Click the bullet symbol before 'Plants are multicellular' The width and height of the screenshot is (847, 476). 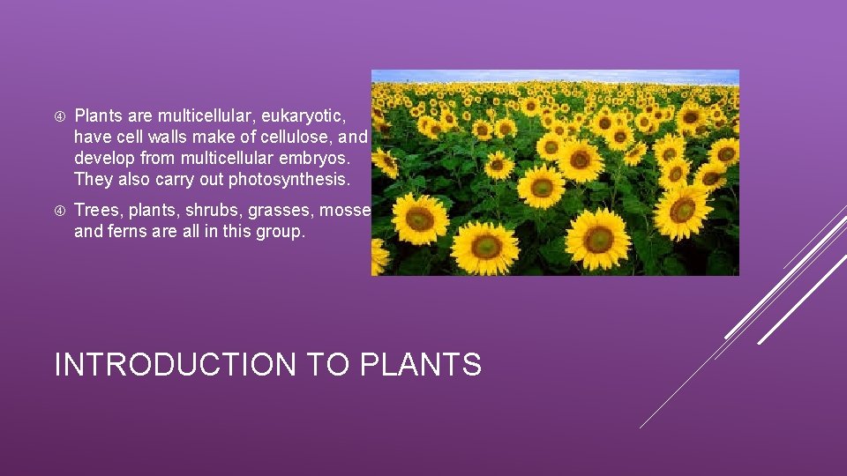click(59, 116)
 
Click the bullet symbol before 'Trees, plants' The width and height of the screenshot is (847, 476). click(59, 212)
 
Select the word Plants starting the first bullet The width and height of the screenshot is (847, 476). click(99, 115)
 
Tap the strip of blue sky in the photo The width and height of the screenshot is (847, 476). click(554, 76)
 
